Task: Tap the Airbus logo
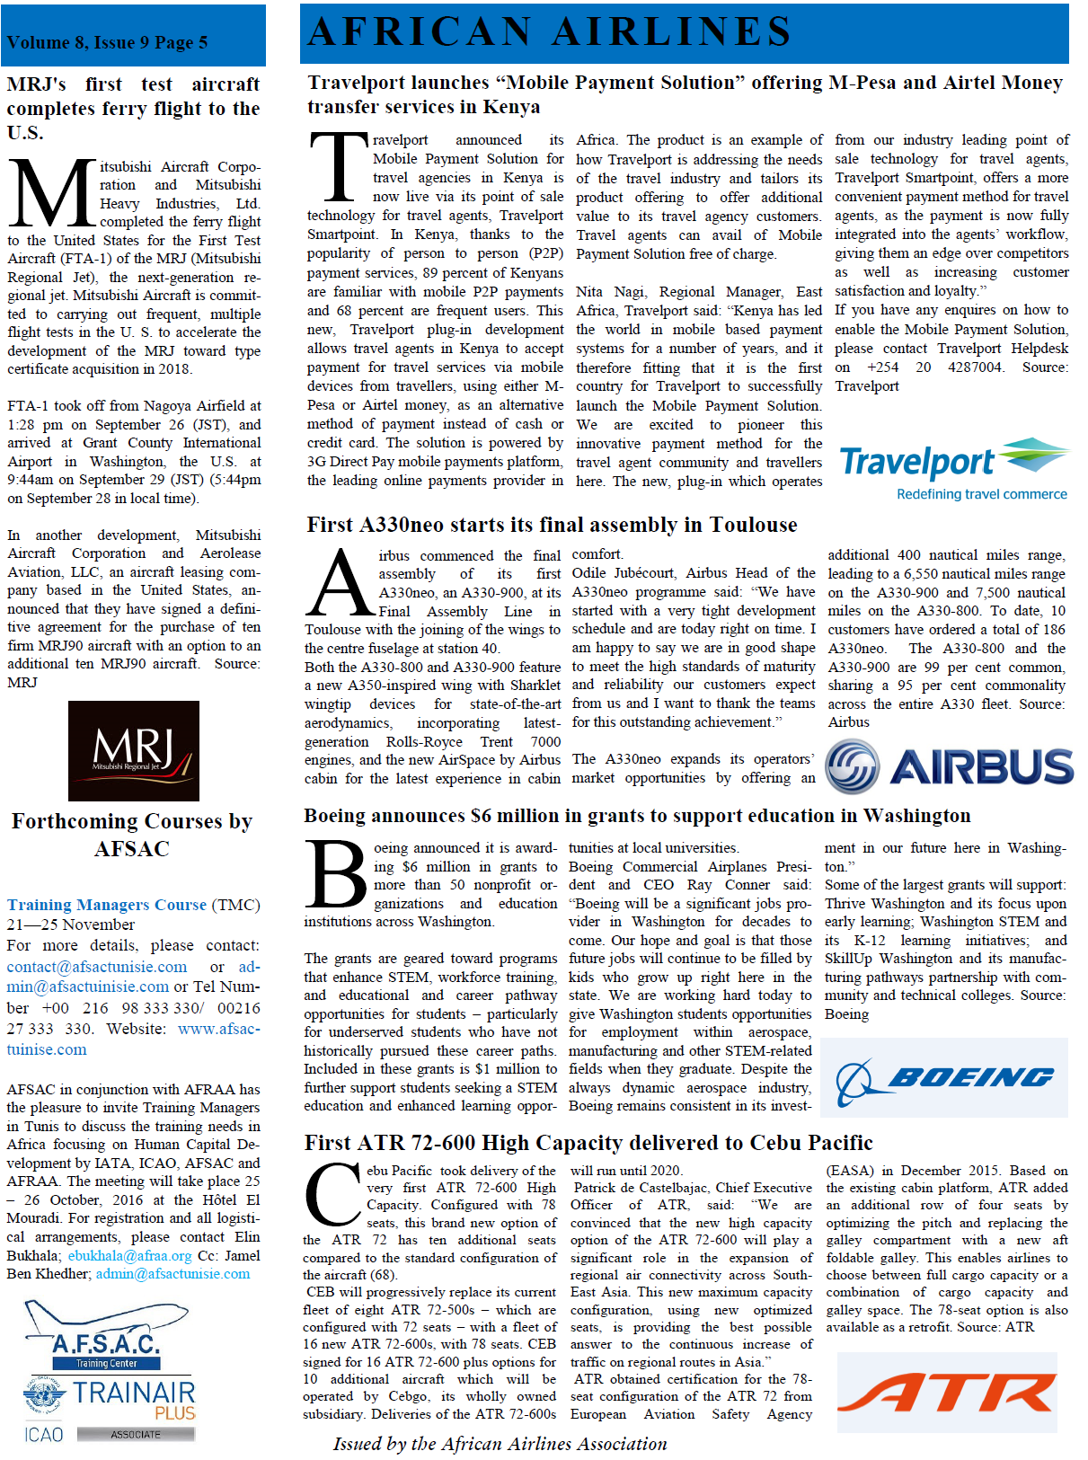(x=949, y=766)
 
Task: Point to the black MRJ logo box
(x=134, y=751)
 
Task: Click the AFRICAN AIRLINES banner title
(x=550, y=32)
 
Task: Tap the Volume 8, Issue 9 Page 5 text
(x=107, y=42)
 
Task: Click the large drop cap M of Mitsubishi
(x=52, y=195)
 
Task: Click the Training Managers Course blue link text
(x=107, y=905)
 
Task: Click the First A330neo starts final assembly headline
(x=552, y=525)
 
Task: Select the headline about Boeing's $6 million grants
(x=637, y=816)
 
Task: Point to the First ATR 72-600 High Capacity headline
(x=588, y=1143)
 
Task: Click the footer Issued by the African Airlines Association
(x=500, y=1444)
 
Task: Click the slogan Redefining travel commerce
(x=981, y=494)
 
